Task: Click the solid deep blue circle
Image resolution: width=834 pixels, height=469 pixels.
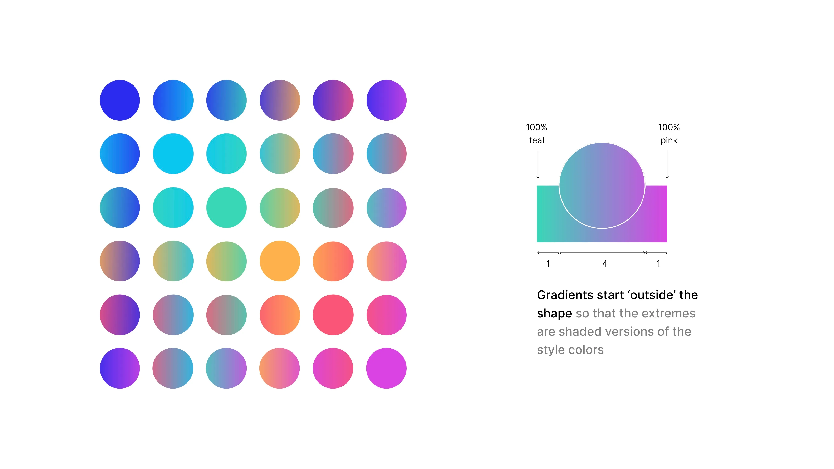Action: tap(120, 100)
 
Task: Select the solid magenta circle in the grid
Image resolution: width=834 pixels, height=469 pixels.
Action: tap(386, 368)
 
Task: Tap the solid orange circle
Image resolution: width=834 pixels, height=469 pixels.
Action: tap(280, 261)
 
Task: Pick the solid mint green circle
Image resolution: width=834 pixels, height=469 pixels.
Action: tap(226, 207)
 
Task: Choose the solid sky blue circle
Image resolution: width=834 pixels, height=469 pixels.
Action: tap(173, 154)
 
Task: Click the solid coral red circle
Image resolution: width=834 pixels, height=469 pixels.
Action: tap(333, 315)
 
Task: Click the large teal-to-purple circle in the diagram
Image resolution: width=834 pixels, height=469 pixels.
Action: tap(602, 186)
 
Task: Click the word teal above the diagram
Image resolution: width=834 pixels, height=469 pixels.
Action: tap(536, 140)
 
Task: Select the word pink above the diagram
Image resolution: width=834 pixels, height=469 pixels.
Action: tap(669, 140)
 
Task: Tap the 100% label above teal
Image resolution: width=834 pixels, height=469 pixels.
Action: tap(536, 127)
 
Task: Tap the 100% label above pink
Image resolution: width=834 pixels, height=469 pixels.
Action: tap(669, 127)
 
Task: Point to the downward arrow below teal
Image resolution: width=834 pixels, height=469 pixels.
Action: tap(538, 164)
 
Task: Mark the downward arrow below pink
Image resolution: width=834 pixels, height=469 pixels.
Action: tap(667, 164)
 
